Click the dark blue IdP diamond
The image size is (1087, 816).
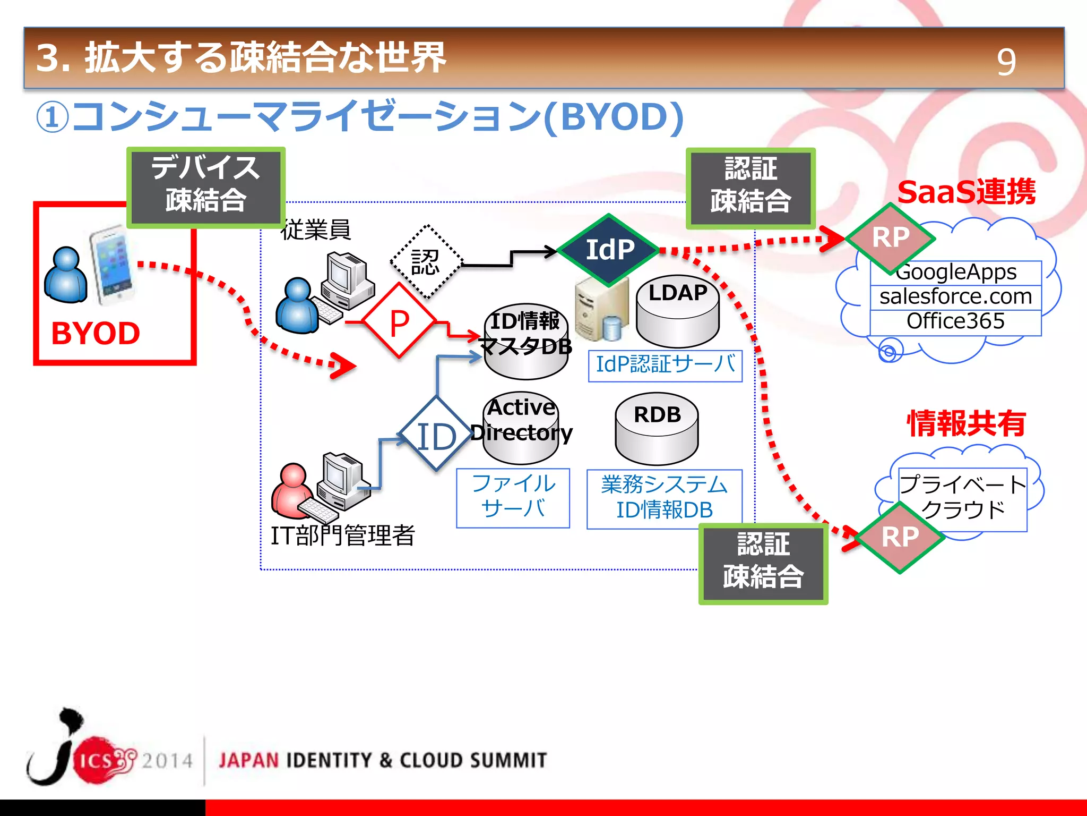(609, 250)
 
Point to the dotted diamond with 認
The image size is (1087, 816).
(426, 262)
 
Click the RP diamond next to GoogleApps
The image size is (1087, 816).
(891, 237)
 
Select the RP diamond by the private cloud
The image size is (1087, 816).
(900, 537)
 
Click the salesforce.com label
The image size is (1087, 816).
(955, 296)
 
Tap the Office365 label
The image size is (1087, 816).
(955, 321)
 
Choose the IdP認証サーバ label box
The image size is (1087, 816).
(665, 365)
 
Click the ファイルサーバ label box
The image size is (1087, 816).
(513, 497)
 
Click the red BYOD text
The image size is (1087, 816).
(96, 334)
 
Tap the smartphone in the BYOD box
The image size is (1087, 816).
(111, 266)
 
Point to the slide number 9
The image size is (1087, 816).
(1006, 62)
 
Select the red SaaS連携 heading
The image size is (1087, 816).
(966, 192)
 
